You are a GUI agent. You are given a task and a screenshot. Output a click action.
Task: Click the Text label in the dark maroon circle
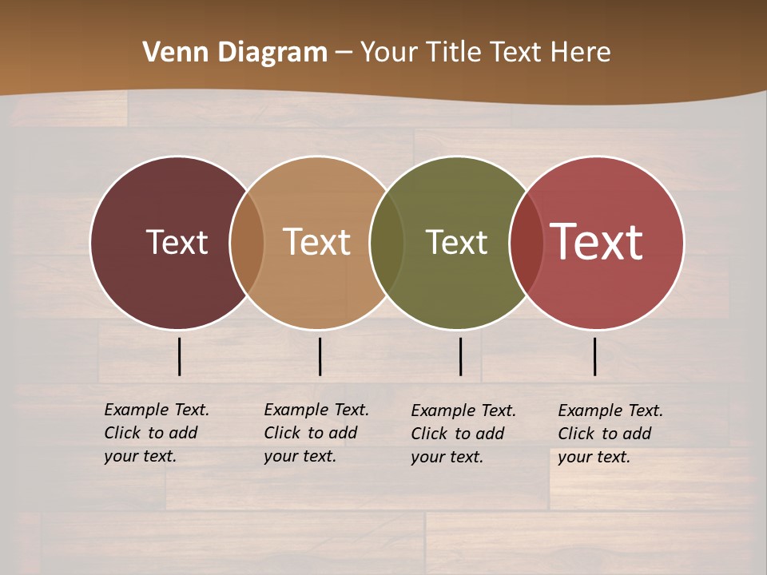[177, 242]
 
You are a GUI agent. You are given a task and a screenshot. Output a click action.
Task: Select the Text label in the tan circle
[317, 242]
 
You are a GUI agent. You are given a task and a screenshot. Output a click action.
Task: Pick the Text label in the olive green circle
[456, 242]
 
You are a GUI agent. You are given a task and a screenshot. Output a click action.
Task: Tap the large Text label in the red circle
[597, 242]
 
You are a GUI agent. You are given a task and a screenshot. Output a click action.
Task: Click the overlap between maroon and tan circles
[247, 242]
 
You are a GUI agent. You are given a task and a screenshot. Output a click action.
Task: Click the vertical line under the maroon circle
[179, 356]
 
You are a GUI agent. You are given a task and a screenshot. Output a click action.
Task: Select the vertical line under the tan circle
[320, 356]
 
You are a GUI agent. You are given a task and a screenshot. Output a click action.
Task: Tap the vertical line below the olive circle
[460, 356]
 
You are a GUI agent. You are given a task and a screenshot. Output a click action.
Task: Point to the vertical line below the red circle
[595, 356]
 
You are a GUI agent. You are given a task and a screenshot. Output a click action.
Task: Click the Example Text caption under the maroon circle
[157, 433]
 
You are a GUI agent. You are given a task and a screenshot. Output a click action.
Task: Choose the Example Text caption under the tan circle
[316, 433]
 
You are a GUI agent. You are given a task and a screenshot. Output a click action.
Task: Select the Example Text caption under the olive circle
[463, 434]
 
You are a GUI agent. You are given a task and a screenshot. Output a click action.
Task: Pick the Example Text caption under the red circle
[610, 434]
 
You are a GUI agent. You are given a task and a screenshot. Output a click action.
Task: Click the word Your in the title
[389, 53]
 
